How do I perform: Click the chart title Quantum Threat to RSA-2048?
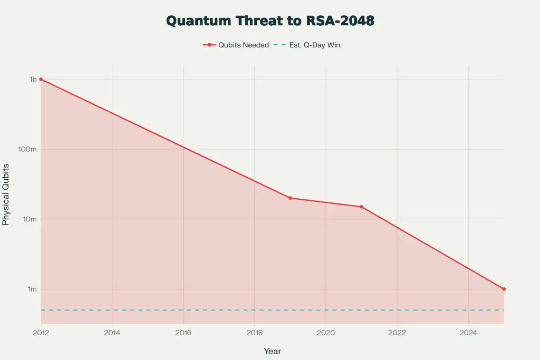[x=270, y=21]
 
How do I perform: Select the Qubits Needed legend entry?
[x=236, y=45]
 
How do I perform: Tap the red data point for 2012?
[x=41, y=79]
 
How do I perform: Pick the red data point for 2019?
[x=290, y=198]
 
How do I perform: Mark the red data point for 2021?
[x=361, y=207]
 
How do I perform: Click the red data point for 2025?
[x=504, y=289]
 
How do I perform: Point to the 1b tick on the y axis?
[x=33, y=79]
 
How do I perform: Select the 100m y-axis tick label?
[x=28, y=149]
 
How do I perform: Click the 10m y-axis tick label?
[x=30, y=219]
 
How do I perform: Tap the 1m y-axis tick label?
[x=32, y=289]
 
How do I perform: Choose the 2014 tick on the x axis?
[x=112, y=333]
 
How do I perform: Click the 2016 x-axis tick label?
[x=183, y=333]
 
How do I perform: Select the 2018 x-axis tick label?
[x=254, y=333]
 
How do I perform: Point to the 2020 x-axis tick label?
[x=325, y=333]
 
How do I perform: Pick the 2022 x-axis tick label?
[x=397, y=333]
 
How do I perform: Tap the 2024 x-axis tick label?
[x=468, y=333]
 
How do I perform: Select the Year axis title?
[x=272, y=351]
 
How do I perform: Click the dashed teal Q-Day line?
[x=264, y=310]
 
